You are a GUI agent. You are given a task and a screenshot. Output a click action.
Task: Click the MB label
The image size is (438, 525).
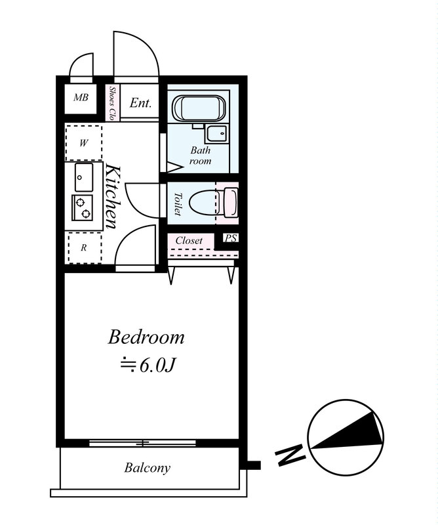tap(81, 98)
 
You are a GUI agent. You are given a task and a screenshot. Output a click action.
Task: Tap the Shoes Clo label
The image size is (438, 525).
tap(111, 103)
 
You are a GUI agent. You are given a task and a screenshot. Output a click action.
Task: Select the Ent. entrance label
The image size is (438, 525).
tap(140, 103)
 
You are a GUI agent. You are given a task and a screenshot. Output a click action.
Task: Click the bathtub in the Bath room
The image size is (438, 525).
tap(199, 108)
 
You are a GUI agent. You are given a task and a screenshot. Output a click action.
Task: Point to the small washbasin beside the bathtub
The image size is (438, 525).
tap(217, 134)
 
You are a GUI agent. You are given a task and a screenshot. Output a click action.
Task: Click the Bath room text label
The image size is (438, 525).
tap(201, 156)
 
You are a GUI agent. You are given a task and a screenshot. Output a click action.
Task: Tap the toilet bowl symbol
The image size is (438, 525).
tap(214, 203)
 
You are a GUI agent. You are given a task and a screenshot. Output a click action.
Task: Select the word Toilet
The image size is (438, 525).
tap(178, 204)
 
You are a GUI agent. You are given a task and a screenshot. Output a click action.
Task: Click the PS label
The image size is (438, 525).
tap(231, 238)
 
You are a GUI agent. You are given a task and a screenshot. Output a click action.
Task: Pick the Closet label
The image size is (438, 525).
tap(189, 240)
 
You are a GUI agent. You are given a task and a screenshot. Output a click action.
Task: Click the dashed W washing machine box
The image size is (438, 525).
tap(84, 143)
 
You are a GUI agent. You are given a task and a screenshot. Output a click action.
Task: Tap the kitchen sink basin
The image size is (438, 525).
tap(84, 177)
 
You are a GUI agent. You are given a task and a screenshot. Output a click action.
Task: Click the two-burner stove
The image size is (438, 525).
tap(83, 207)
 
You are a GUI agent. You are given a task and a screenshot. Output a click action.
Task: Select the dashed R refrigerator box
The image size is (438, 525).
tap(85, 247)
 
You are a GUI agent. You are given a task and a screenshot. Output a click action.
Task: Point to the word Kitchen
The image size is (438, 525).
tap(112, 196)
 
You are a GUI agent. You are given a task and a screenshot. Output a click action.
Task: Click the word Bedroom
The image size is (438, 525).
tap(146, 337)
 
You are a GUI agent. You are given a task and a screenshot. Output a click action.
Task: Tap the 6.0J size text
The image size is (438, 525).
tap(148, 365)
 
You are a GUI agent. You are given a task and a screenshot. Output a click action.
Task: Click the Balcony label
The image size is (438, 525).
tap(148, 468)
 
